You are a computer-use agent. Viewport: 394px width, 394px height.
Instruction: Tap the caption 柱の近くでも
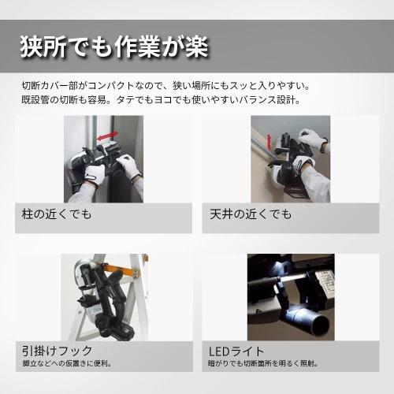click(57, 214)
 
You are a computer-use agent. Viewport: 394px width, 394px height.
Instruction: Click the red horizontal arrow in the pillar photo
click(107, 135)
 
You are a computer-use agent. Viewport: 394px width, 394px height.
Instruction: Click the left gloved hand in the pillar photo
click(94, 173)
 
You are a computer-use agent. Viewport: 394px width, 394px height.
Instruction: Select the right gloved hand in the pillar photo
click(128, 165)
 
